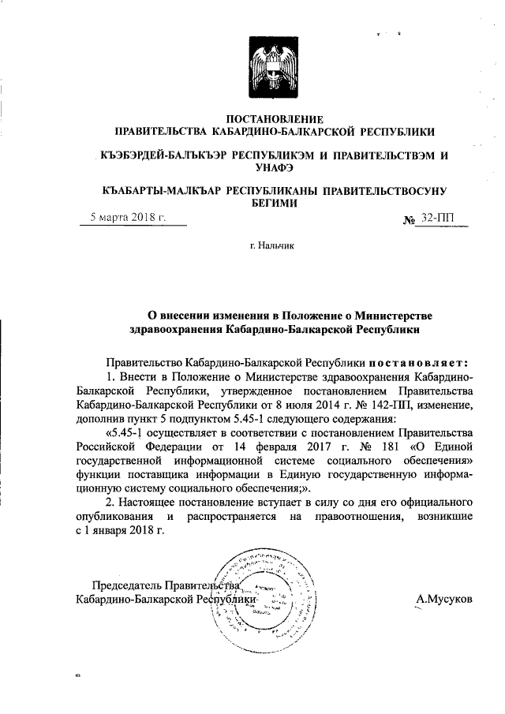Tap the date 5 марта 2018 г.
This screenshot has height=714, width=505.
[x=128, y=217]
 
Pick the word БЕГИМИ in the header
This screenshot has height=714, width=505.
[x=274, y=203]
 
